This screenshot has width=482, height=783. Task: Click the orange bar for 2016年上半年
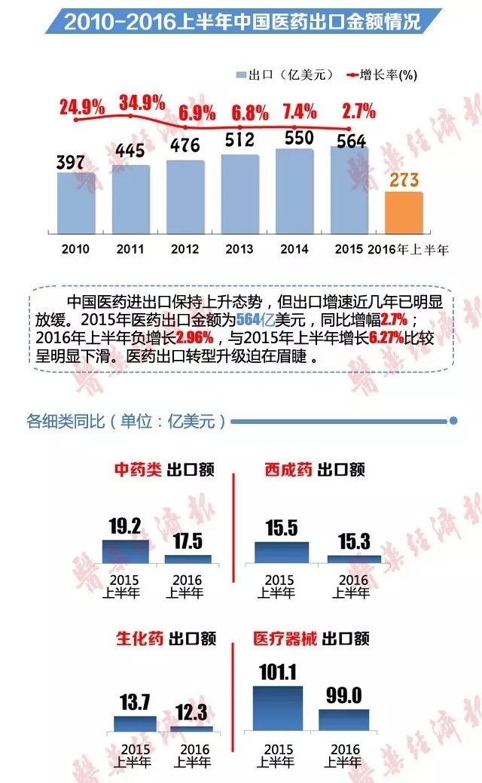pos(404,213)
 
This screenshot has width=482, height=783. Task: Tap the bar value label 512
pos(240,141)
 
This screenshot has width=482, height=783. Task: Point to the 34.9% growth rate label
pos(142,102)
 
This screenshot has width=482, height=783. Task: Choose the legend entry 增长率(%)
pos(381,75)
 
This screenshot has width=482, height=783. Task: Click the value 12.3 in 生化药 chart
pos(191,712)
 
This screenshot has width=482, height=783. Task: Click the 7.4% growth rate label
pos(299,112)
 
